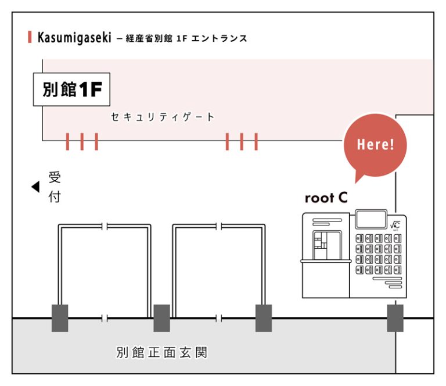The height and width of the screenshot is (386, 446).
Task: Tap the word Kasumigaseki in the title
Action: (74, 38)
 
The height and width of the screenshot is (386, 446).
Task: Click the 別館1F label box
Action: (71, 90)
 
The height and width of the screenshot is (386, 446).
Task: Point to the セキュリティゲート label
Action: (163, 117)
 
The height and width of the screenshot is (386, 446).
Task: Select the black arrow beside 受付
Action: (35, 187)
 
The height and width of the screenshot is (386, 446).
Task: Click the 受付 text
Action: (55, 187)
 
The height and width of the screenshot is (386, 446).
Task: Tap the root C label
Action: (326, 198)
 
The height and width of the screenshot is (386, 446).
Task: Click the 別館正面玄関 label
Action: (161, 352)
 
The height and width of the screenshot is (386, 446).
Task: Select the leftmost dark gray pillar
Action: (60, 318)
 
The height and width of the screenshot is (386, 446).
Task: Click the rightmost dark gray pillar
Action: (395, 318)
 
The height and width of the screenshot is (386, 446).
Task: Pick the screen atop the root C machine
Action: (370, 220)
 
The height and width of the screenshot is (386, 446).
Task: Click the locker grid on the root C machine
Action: (377, 254)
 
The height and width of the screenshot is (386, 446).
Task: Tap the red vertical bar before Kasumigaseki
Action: (30, 38)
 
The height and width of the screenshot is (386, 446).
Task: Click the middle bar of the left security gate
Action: (82, 141)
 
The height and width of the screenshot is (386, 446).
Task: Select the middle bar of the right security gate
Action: (241, 141)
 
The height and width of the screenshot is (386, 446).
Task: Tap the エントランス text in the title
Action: (223, 39)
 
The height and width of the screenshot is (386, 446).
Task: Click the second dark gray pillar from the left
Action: (161, 318)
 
